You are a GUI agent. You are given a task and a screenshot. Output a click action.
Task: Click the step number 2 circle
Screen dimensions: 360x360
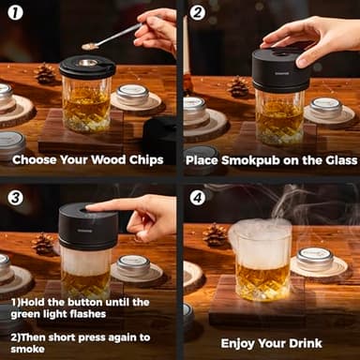[197, 13]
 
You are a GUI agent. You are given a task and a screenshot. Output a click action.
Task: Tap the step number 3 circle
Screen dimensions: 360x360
[16, 197]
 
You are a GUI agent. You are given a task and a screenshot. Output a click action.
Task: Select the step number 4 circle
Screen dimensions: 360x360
[197, 198]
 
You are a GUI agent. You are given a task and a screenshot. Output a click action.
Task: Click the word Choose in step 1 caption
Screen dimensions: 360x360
[37, 160]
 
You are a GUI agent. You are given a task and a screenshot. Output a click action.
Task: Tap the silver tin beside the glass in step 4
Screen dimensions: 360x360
[315, 260]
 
